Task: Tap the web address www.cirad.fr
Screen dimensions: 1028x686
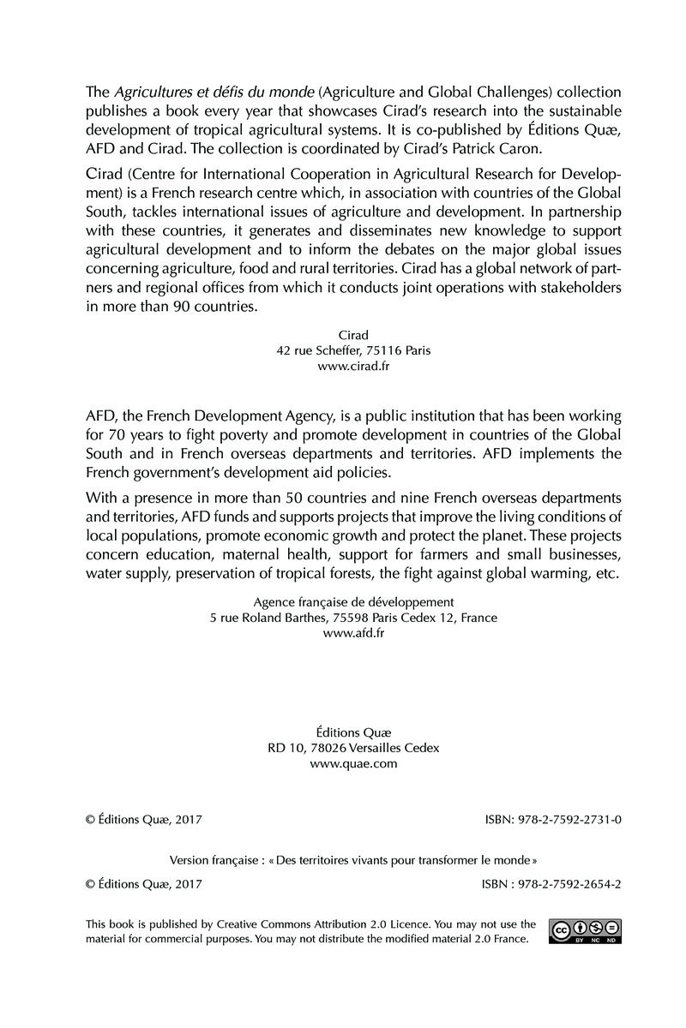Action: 353,366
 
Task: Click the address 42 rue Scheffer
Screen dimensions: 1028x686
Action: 324,350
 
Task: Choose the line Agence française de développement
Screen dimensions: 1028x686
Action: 353,602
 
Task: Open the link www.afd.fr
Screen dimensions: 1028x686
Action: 353,633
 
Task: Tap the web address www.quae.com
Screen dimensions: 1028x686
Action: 353,764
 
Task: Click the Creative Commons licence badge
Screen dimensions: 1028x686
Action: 586,931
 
